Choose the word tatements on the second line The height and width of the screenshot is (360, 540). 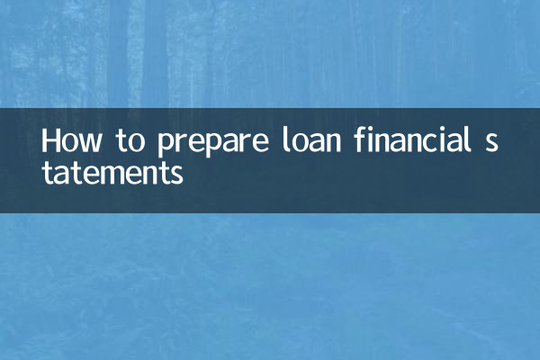click(112, 172)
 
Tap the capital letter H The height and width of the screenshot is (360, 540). click(52, 142)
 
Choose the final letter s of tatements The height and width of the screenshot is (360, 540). click(176, 174)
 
